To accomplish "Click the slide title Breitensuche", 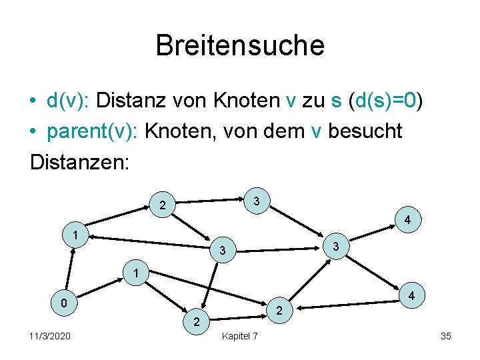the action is (x=240, y=46).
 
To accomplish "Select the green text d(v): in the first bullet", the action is (x=69, y=101).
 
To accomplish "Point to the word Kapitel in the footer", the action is (x=234, y=336).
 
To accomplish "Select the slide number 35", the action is (x=446, y=336).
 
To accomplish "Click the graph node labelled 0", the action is (x=63, y=304).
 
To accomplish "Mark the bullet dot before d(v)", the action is (x=33, y=102).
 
